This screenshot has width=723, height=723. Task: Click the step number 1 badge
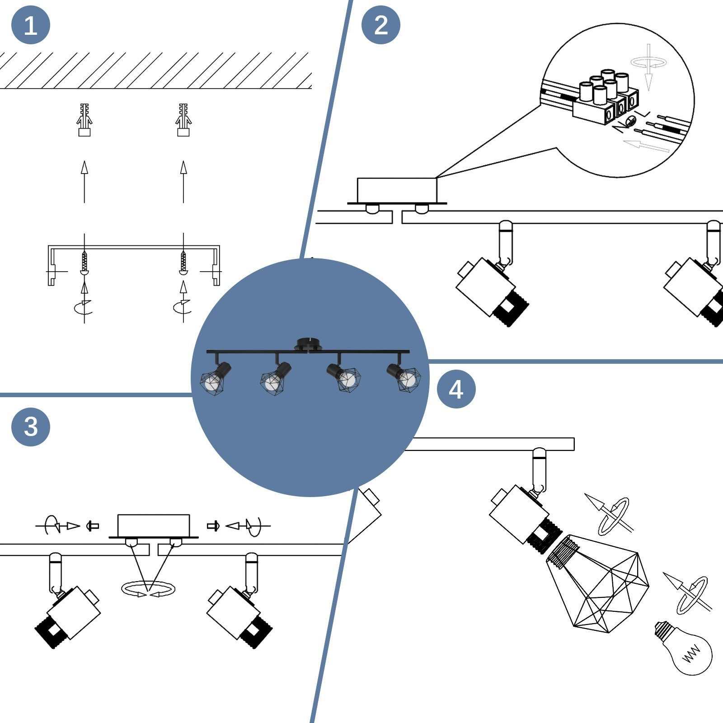30,25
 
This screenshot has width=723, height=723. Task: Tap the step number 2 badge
381,25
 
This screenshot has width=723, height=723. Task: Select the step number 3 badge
30,427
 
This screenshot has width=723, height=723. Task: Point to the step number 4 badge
456,389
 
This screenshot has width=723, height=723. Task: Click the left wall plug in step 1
84,120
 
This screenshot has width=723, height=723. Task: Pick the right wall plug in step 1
183,120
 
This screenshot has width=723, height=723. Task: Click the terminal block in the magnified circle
606,97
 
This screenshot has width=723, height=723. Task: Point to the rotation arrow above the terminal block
649,63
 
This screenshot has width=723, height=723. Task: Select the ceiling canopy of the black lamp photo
309,344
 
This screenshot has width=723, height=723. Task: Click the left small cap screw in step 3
93,526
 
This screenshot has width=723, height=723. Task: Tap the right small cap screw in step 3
213,526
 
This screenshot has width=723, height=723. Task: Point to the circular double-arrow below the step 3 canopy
148,589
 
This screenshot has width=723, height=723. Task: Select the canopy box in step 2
397,190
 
